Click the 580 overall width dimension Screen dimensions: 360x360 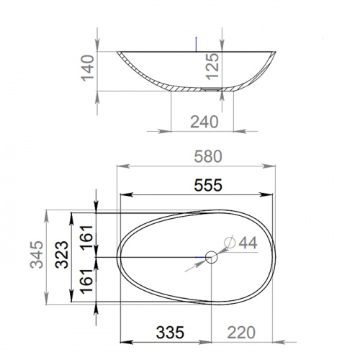pyautogui.click(x=208, y=156)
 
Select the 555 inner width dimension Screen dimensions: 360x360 pyautogui.click(x=208, y=185)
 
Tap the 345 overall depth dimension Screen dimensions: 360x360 pyautogui.click(x=37, y=255)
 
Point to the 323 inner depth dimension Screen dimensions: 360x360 pyautogui.click(x=62, y=255)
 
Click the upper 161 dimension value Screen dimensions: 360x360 pyautogui.click(x=86, y=238)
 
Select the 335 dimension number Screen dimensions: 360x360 pyautogui.click(x=170, y=333)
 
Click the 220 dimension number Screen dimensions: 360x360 pyautogui.click(x=241, y=333)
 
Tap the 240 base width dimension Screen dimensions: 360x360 pyautogui.click(x=204, y=122)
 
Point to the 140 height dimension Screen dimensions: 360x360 pyautogui.click(x=87, y=68)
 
